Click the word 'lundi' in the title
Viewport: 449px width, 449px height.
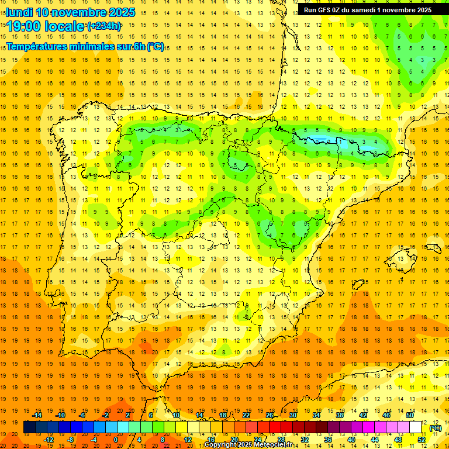19,12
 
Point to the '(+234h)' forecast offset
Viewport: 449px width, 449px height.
103,26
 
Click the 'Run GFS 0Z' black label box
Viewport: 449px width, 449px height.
367,9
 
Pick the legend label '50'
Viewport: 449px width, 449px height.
410,415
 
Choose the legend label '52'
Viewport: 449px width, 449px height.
422,440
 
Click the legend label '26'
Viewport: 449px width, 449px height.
270,415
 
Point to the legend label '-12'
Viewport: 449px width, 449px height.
49,440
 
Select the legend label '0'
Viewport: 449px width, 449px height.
115,440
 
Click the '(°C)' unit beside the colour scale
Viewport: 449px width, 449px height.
436,428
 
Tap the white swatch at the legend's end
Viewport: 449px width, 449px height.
416,427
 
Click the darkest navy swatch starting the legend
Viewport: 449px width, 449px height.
29,427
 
